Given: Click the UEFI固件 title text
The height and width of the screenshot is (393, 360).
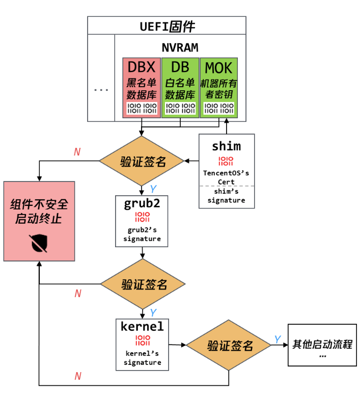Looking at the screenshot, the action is (x=167, y=27).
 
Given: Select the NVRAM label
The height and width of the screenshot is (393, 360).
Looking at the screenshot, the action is (x=180, y=47).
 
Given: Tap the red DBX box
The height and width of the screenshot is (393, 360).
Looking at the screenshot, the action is (x=142, y=88).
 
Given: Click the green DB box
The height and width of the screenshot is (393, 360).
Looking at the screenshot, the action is (x=180, y=88).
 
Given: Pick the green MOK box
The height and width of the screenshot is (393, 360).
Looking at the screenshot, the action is (x=219, y=88).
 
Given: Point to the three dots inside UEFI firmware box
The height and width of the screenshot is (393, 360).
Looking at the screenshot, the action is (x=101, y=90).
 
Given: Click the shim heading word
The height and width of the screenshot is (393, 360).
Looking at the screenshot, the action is (x=226, y=146).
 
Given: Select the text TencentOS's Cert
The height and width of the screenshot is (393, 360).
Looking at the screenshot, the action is (x=226, y=177).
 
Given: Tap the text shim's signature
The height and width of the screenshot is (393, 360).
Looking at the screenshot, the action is (x=226, y=196).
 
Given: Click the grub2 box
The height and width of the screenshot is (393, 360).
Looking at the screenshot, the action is (x=142, y=221).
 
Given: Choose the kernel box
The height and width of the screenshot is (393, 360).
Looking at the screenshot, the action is (x=142, y=345).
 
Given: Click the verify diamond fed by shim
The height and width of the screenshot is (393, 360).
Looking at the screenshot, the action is (x=142, y=161).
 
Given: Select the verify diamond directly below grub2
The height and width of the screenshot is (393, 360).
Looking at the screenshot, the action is (x=143, y=284).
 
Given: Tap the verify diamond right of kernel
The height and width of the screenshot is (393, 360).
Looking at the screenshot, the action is (x=229, y=345).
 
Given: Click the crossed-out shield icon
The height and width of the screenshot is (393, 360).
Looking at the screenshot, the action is (x=38, y=243).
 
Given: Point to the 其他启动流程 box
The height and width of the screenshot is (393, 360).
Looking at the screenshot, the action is (x=322, y=345).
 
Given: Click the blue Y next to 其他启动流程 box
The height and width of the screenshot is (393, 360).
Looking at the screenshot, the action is (x=278, y=339).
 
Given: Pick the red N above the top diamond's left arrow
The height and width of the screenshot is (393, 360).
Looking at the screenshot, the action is (x=77, y=151).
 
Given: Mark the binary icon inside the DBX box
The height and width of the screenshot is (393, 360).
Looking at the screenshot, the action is (x=142, y=108).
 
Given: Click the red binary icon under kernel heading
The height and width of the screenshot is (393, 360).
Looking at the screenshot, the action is (x=143, y=340).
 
